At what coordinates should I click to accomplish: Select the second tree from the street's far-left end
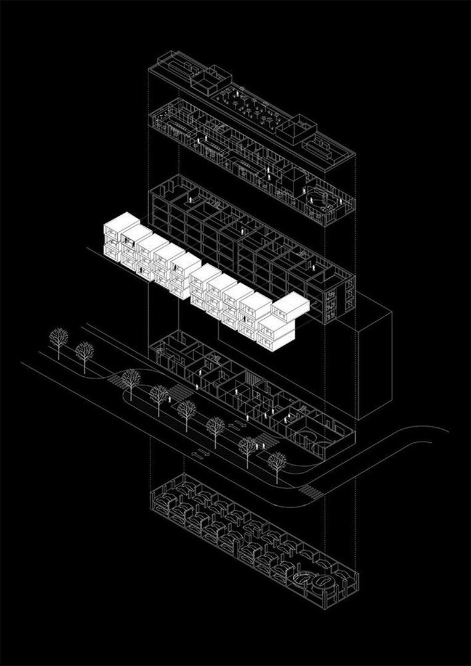pyautogui.click(x=84, y=353)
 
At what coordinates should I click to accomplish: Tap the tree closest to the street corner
pyautogui.click(x=277, y=461)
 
